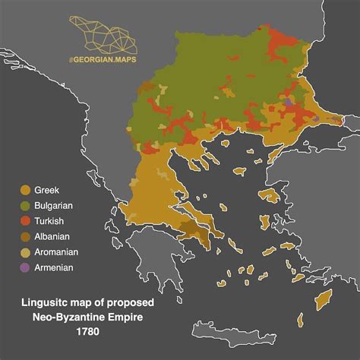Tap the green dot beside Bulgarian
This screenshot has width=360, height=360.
[x=25, y=205]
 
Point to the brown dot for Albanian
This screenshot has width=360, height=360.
[x=25, y=236]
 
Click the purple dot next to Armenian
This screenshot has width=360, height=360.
[x=25, y=267]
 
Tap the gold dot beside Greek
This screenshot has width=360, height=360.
[x=25, y=190]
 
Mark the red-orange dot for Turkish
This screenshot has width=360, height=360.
[x=25, y=221]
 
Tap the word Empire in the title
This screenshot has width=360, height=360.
[x=121, y=317]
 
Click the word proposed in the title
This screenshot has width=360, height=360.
[x=125, y=303]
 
